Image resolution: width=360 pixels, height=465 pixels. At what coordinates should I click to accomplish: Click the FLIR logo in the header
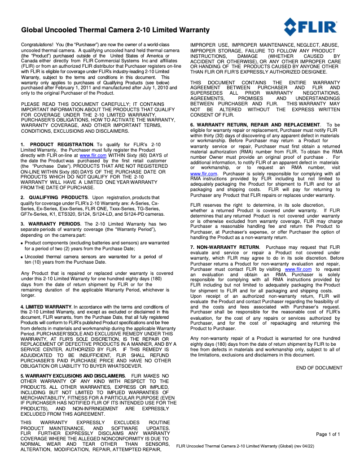click(x=310, y=27)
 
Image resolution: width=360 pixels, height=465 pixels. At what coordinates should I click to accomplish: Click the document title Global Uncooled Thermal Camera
click(x=116, y=30)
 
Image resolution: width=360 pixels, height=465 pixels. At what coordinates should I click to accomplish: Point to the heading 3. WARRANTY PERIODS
click(x=51, y=224)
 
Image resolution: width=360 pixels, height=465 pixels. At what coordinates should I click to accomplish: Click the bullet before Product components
click(x=22, y=243)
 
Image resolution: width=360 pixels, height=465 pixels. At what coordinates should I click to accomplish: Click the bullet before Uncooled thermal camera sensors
click(x=22, y=257)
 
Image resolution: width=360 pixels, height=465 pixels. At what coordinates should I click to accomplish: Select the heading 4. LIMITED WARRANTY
click(x=47, y=307)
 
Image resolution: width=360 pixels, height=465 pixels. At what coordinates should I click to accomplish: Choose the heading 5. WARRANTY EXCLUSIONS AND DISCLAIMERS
click(x=73, y=375)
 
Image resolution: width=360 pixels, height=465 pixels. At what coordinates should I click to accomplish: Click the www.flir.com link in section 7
click(x=298, y=269)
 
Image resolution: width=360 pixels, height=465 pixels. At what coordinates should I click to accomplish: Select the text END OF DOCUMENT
click(x=319, y=368)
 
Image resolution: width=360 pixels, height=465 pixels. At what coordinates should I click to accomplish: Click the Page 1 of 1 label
click(x=328, y=434)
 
